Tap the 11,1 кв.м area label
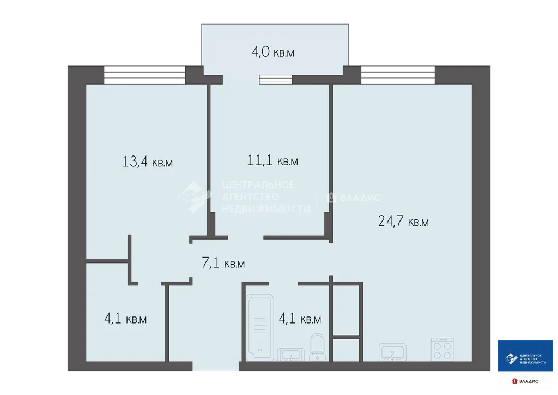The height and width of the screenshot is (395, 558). (x=272, y=161)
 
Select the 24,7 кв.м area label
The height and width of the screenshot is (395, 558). (x=403, y=222)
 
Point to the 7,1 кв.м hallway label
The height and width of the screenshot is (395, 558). (x=223, y=264)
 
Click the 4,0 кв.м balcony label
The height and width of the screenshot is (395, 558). (x=273, y=53)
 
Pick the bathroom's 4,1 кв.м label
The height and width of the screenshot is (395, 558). (x=299, y=319)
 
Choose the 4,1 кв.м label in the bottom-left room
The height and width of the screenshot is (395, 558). (x=125, y=319)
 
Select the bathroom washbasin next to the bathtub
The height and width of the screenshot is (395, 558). (x=292, y=355)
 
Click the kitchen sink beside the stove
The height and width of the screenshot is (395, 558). (x=393, y=352)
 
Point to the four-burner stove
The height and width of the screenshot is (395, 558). (x=442, y=349)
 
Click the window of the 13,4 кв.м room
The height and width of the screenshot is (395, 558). (x=144, y=75)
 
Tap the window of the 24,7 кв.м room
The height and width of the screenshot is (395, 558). (x=398, y=75)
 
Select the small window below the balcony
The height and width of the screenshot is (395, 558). (x=276, y=80)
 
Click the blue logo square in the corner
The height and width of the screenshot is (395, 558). (x=525, y=356)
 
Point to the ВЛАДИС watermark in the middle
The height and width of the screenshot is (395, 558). (x=360, y=197)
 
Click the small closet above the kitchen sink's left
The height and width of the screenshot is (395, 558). (x=347, y=310)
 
